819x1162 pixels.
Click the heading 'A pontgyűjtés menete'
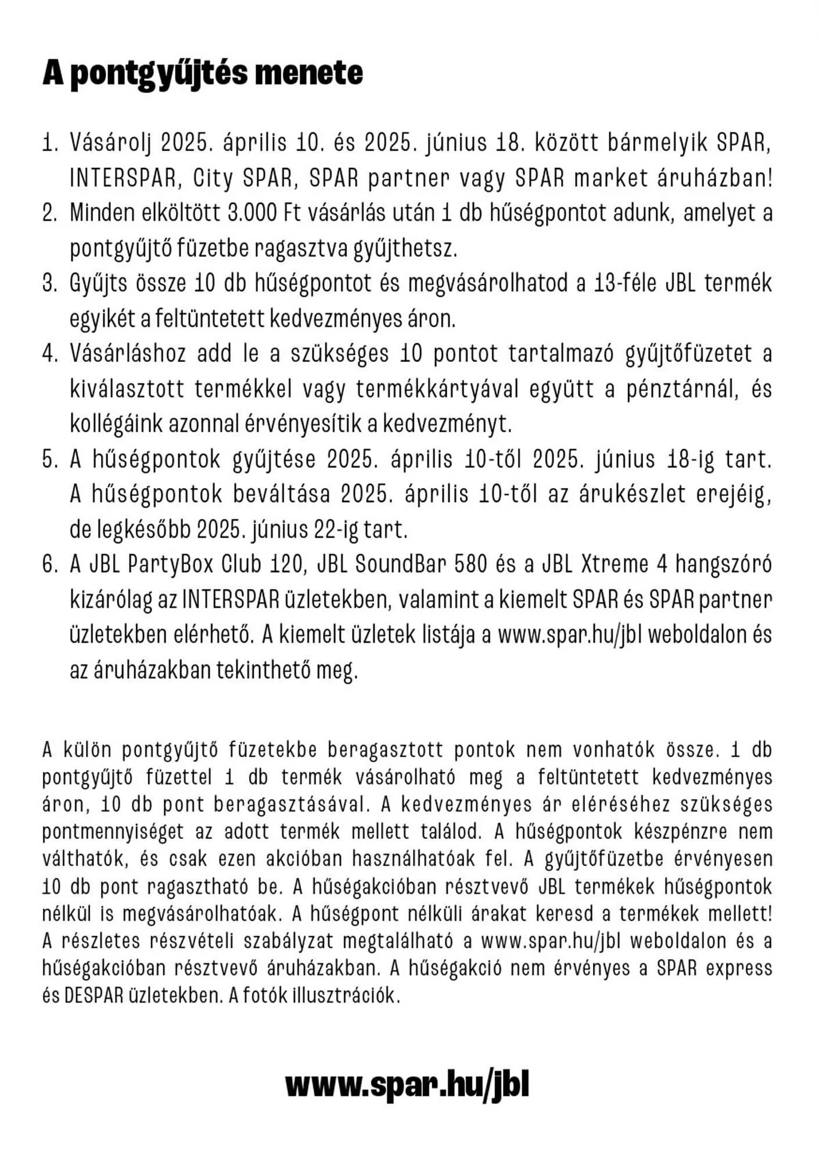[x=203, y=74]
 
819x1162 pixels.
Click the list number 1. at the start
[x=50, y=143]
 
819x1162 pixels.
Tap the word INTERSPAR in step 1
[x=123, y=178]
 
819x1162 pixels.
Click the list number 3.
[x=50, y=284]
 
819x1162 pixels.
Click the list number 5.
[x=50, y=460]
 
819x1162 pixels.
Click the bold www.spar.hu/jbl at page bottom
[x=407, y=1084]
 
